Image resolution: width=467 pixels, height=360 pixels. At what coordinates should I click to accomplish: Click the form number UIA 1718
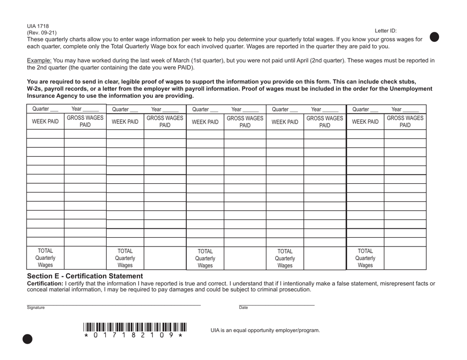pyautogui.click(x=38, y=26)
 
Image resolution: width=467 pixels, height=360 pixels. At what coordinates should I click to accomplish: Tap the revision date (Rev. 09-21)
pyautogui.click(x=42, y=33)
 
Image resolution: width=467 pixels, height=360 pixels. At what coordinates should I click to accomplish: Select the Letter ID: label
pyautogui.click(x=385, y=30)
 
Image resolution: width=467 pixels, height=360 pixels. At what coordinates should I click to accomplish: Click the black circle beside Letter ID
pyautogui.click(x=434, y=37)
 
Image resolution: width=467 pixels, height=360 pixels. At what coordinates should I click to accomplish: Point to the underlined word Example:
pyautogui.click(x=39, y=60)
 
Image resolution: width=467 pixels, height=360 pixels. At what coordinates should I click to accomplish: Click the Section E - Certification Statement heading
pyautogui.click(x=85, y=276)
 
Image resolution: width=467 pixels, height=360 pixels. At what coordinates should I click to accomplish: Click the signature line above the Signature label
pyautogui.click(x=114, y=305)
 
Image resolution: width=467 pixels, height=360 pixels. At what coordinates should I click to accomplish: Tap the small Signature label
pyautogui.click(x=36, y=308)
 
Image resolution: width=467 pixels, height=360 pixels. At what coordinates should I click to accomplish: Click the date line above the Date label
pyautogui.click(x=276, y=305)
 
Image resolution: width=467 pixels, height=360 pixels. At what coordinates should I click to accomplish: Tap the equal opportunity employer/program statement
pyautogui.click(x=265, y=330)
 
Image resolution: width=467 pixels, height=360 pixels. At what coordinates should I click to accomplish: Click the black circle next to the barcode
pyautogui.click(x=27, y=338)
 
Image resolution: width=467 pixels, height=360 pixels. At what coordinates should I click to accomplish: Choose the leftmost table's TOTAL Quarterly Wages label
pyautogui.click(x=45, y=258)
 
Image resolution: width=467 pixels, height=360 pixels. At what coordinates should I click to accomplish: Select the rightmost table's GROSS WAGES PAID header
pyautogui.click(x=405, y=121)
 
